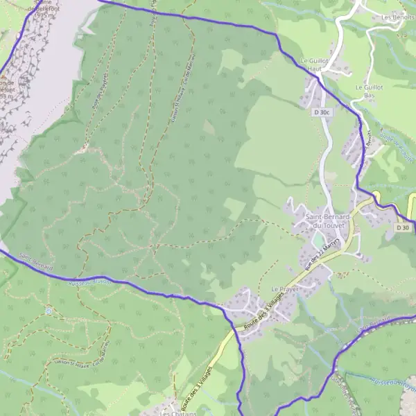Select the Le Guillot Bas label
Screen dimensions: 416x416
point(369,92)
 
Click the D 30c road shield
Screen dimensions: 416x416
point(321,112)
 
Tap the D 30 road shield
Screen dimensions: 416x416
point(403,227)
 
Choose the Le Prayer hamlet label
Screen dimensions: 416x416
point(284,288)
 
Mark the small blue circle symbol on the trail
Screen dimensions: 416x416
point(49,311)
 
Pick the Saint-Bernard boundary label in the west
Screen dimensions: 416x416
point(36,263)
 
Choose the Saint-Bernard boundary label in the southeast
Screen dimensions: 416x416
point(376,323)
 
